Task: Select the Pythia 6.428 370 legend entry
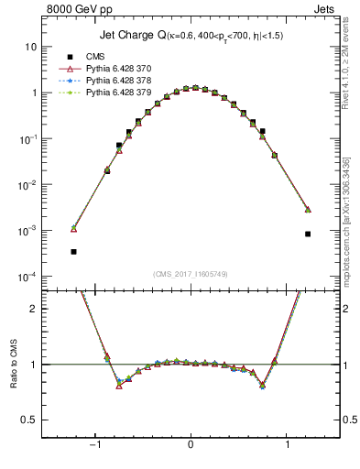(x=109, y=68)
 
